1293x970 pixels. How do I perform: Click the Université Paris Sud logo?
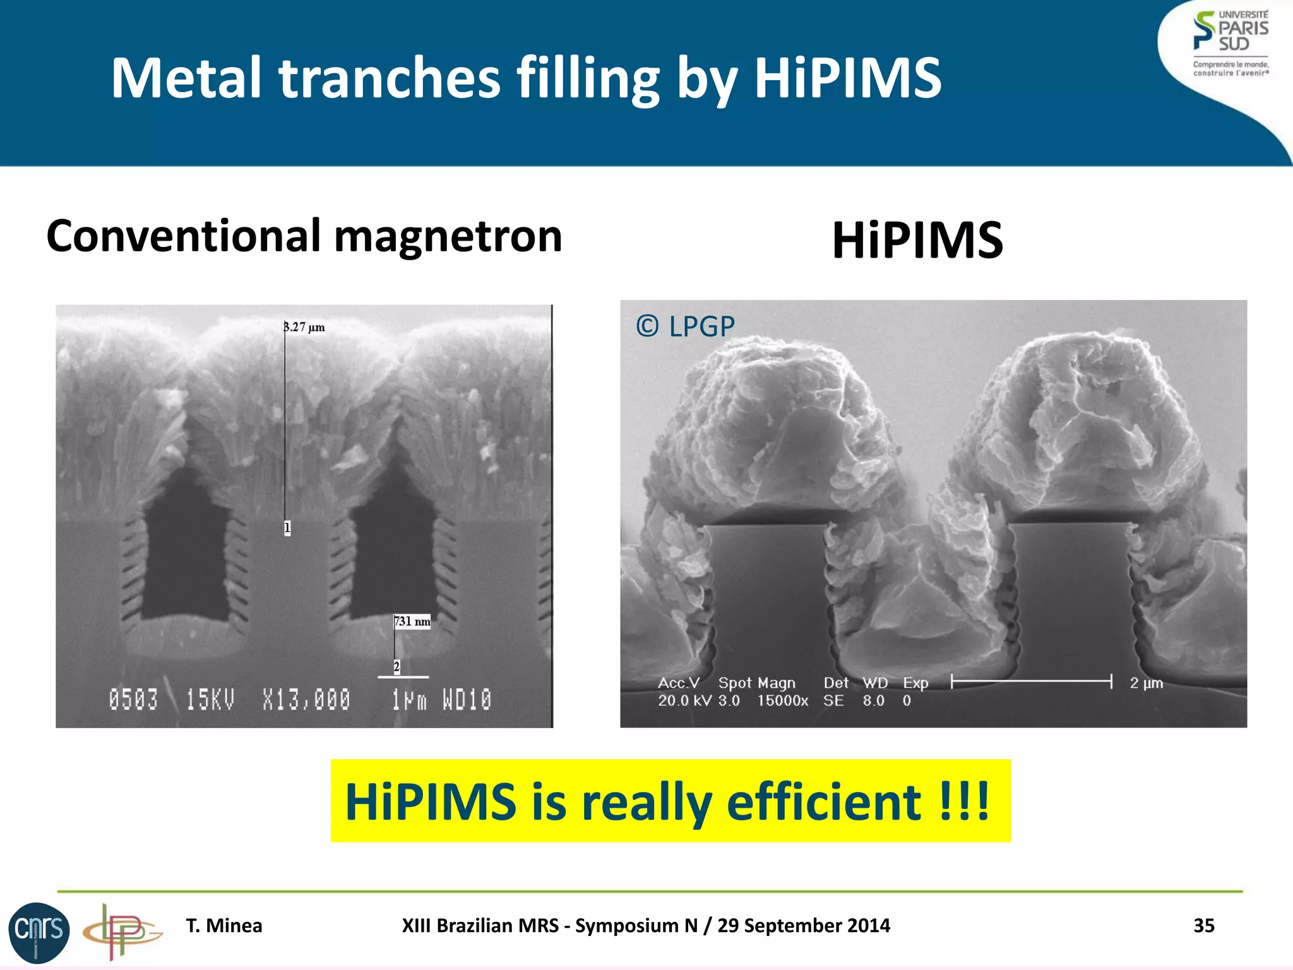(1230, 43)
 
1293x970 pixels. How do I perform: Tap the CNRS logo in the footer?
(39, 931)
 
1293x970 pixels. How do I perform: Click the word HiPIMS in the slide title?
(847, 78)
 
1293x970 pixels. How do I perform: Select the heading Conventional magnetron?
(304, 236)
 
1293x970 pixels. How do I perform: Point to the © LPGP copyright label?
(685, 326)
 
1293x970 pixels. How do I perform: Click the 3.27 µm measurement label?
(304, 327)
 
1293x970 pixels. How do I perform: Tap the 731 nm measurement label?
(412, 621)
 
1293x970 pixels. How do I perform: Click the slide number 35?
(1203, 925)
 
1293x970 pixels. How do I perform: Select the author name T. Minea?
(223, 925)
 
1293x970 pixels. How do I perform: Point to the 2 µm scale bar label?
(1146, 683)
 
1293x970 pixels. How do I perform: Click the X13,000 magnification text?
(306, 700)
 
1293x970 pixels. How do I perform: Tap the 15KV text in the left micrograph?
(210, 700)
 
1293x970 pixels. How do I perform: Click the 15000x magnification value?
(782, 700)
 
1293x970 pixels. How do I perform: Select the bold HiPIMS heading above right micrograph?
(917, 241)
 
